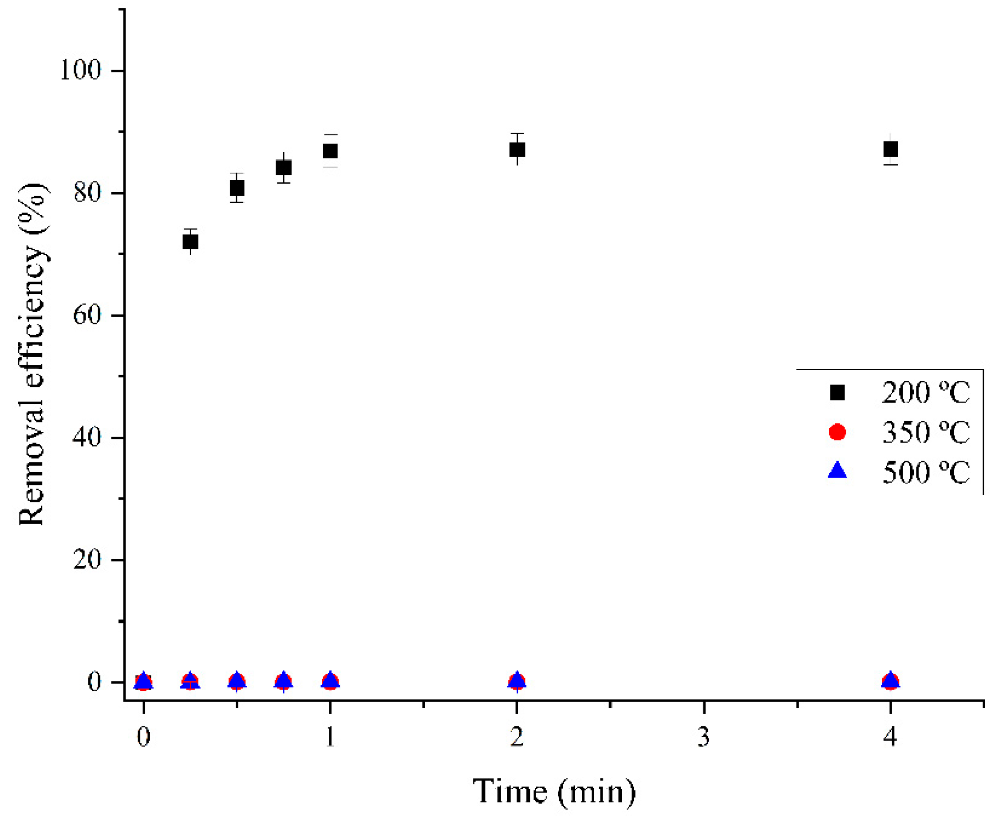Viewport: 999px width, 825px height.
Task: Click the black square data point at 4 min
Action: pyautogui.click(x=890, y=149)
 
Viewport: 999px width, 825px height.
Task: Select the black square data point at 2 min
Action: pyautogui.click(x=517, y=150)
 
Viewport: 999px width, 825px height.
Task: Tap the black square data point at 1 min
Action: pyautogui.click(x=330, y=151)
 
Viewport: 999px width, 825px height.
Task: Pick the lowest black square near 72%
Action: pyautogui.click(x=190, y=241)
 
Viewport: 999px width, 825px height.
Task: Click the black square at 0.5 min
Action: pyautogui.click(x=237, y=188)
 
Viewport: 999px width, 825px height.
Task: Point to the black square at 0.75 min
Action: pyautogui.click(x=283, y=168)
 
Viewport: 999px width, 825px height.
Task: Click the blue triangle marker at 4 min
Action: pyautogui.click(x=890, y=680)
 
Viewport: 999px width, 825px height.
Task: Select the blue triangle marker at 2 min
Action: pyautogui.click(x=517, y=680)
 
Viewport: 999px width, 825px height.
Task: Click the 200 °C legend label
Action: pyautogui.click(x=925, y=393)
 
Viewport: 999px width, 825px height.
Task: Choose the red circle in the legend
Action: pyautogui.click(x=837, y=432)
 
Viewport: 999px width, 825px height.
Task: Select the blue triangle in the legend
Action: pyautogui.click(x=837, y=471)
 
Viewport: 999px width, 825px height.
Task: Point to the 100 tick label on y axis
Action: pyautogui.click(x=80, y=70)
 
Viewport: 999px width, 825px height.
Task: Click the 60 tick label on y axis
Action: pyautogui.click(x=87, y=315)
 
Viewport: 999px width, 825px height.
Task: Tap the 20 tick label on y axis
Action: pyautogui.click(x=87, y=560)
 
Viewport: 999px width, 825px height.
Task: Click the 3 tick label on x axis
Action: pyautogui.click(x=703, y=737)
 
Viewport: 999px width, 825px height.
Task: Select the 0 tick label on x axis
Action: pyautogui.click(x=143, y=737)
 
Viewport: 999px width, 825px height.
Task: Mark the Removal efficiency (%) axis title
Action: pyautogui.click(x=32, y=354)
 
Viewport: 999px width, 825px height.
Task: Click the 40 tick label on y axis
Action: pyautogui.click(x=87, y=437)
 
